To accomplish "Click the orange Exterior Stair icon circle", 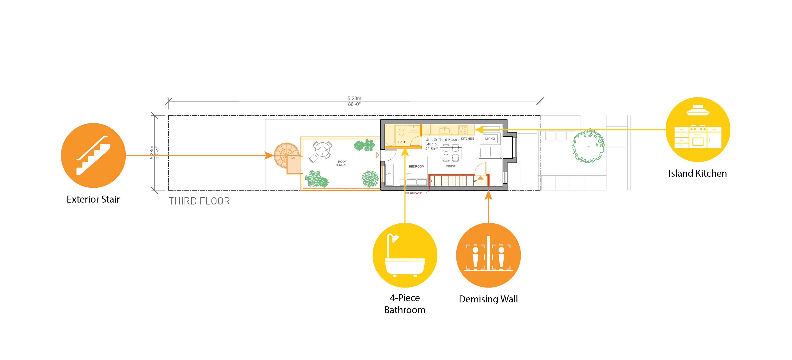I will (93, 156).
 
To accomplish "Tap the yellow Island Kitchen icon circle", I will (698, 129).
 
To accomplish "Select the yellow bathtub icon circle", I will (405, 255).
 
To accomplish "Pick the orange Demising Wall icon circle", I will (488, 255).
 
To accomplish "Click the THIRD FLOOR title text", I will (199, 201).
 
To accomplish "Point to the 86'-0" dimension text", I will (354, 104).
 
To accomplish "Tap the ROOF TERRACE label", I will (342, 163).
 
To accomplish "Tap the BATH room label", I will (402, 142).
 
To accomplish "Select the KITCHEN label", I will (467, 139).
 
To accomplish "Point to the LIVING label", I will (490, 139).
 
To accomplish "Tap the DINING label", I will (451, 166).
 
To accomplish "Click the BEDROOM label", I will (417, 167).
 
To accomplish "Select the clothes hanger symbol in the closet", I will (389, 174).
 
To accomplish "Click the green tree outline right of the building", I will (588, 146).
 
